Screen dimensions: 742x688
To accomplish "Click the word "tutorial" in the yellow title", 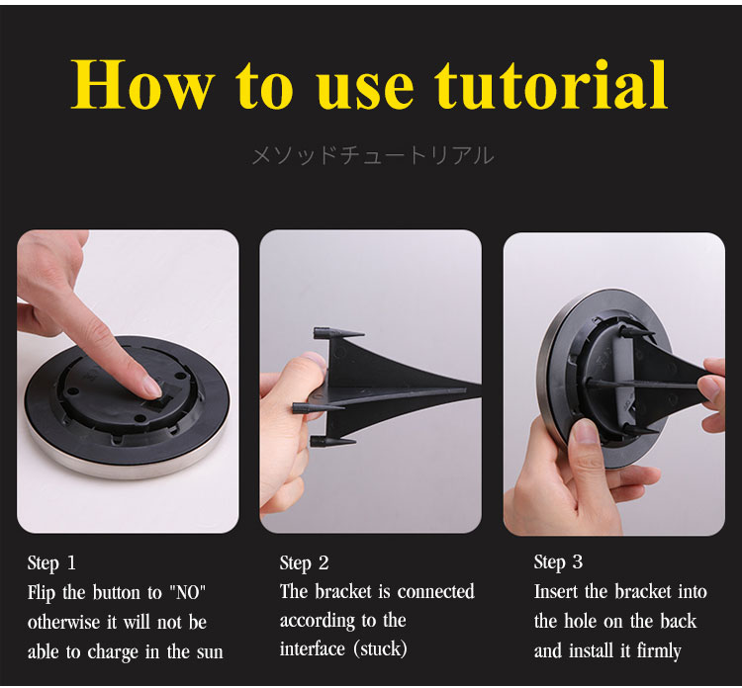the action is point(551,84).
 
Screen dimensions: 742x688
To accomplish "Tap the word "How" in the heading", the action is point(142,84).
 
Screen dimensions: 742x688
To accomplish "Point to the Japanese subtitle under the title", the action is point(372,156).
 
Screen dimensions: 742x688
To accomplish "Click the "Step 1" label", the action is point(51,562).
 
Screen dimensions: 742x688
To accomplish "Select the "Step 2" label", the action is point(304,562).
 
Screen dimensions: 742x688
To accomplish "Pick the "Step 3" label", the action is point(558,561).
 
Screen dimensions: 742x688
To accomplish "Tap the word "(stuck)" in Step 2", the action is point(381,648).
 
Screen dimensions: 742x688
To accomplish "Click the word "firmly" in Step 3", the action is point(659,651).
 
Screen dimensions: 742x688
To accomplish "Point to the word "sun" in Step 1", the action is point(210,652).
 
